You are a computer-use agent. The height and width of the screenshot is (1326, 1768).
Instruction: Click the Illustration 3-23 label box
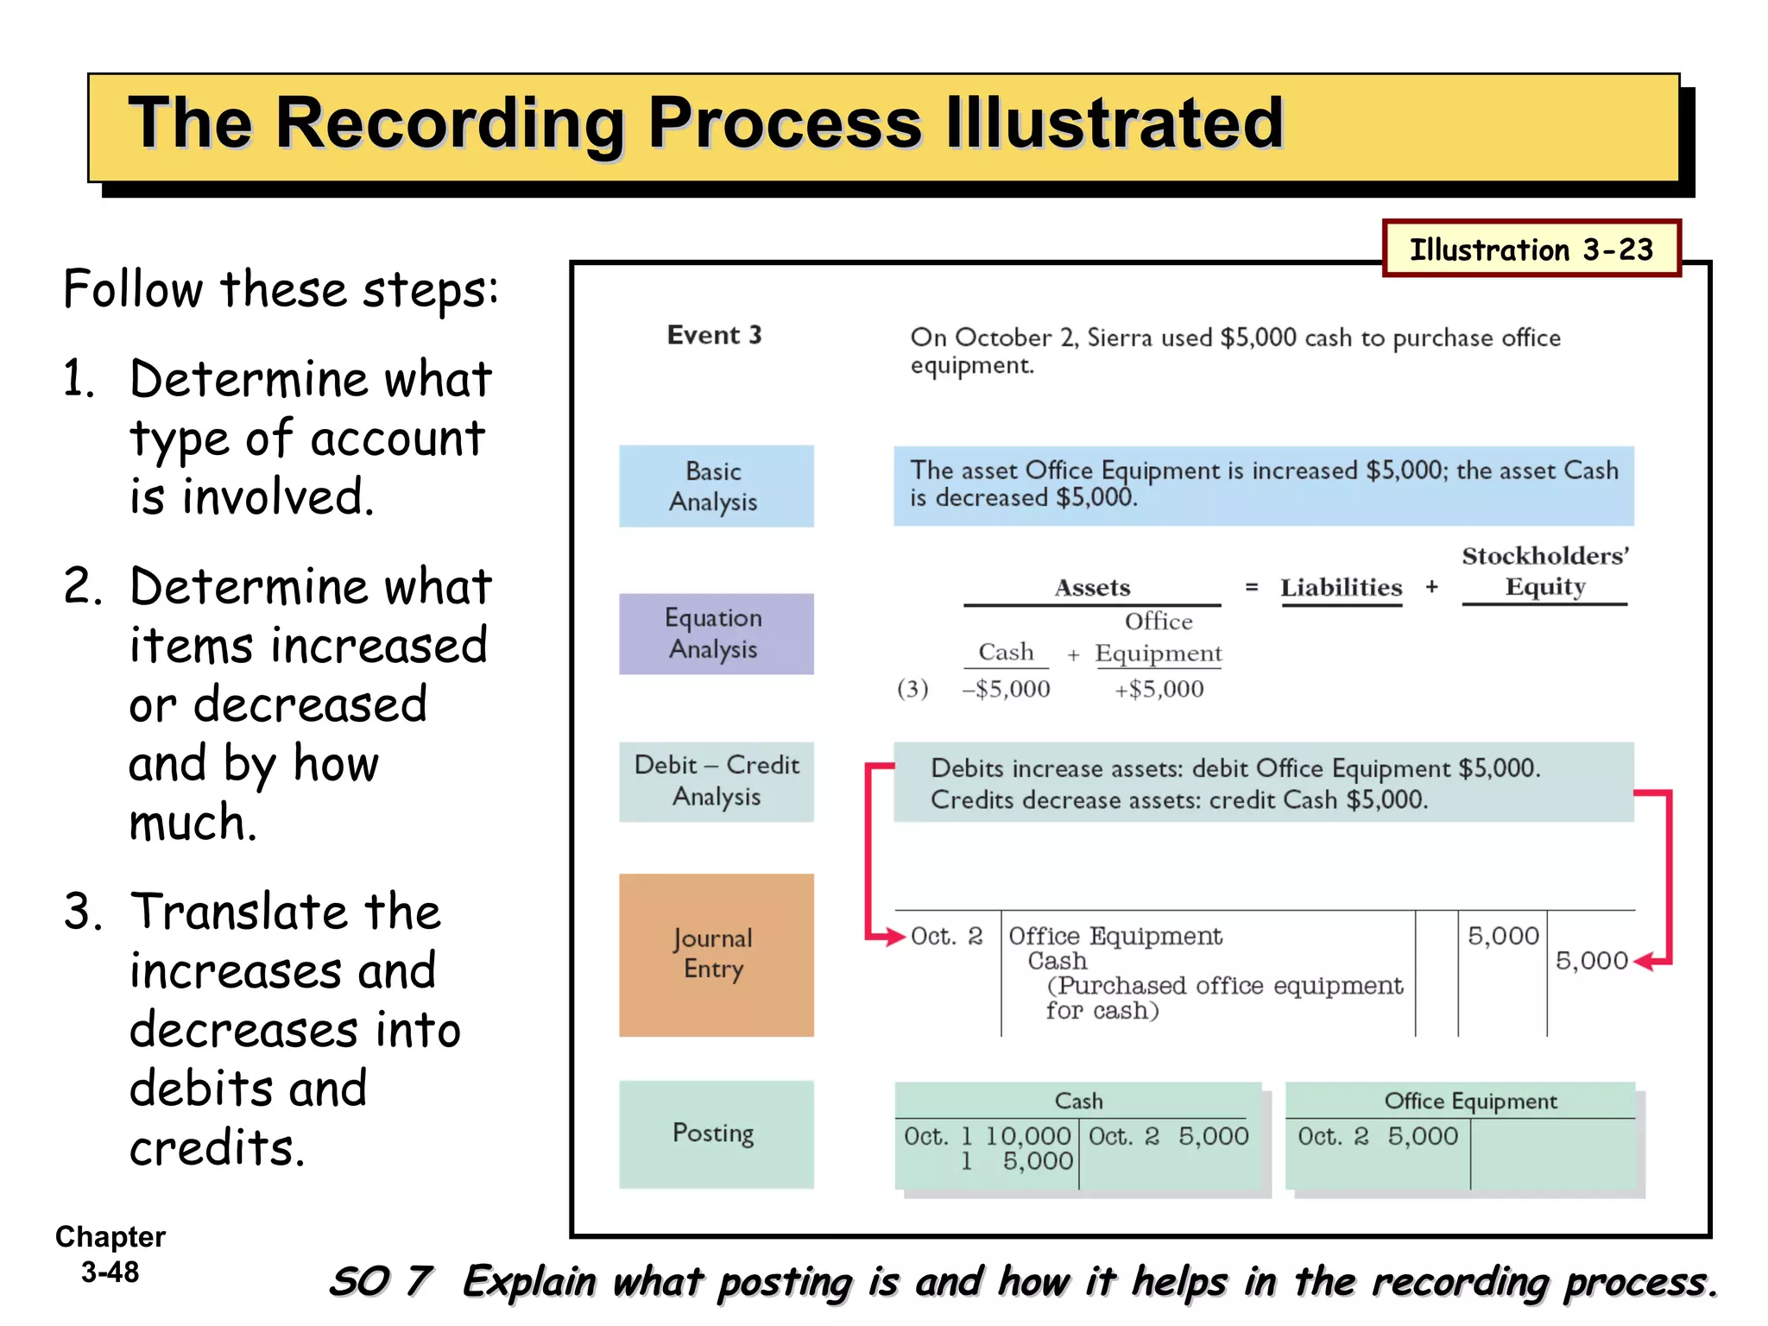(x=1531, y=249)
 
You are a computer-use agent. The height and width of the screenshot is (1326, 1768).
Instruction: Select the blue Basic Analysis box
(x=716, y=486)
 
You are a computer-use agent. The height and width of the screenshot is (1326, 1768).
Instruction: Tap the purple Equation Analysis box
(x=716, y=634)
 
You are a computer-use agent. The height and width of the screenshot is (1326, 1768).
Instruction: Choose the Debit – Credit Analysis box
(x=716, y=781)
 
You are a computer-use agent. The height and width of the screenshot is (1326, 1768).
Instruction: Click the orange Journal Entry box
(x=716, y=955)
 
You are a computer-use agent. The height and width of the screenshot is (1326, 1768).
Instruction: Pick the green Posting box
(x=716, y=1133)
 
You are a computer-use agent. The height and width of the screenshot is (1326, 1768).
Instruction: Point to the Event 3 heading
(x=714, y=335)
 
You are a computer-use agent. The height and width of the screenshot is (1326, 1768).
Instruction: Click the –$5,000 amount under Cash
(x=1006, y=689)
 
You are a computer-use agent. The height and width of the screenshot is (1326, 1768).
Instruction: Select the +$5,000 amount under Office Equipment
(x=1159, y=689)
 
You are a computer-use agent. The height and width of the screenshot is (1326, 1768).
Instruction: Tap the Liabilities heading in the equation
(x=1341, y=588)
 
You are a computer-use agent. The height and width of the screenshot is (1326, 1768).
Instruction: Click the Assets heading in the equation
(x=1092, y=588)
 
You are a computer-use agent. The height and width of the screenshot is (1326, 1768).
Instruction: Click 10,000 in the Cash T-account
(x=1027, y=1136)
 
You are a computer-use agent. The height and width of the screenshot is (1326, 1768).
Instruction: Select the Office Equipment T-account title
(x=1470, y=1101)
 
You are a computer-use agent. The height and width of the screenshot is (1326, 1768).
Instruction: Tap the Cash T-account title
(x=1078, y=1101)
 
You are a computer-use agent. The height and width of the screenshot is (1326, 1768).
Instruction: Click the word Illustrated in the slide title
(x=1114, y=123)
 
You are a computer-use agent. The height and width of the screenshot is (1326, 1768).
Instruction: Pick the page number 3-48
(x=110, y=1272)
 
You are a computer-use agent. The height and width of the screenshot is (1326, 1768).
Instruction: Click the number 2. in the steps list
(x=83, y=586)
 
